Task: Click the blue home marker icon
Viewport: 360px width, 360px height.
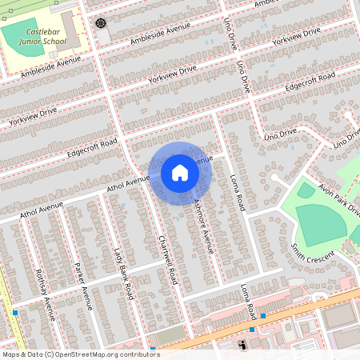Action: click(x=180, y=172)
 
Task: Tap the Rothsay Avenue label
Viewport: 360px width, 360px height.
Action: click(x=46, y=294)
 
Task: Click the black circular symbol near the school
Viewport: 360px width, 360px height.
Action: click(x=101, y=22)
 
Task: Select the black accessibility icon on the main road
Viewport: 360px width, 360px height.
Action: click(x=242, y=345)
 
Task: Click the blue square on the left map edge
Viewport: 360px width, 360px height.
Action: click(x=14, y=312)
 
